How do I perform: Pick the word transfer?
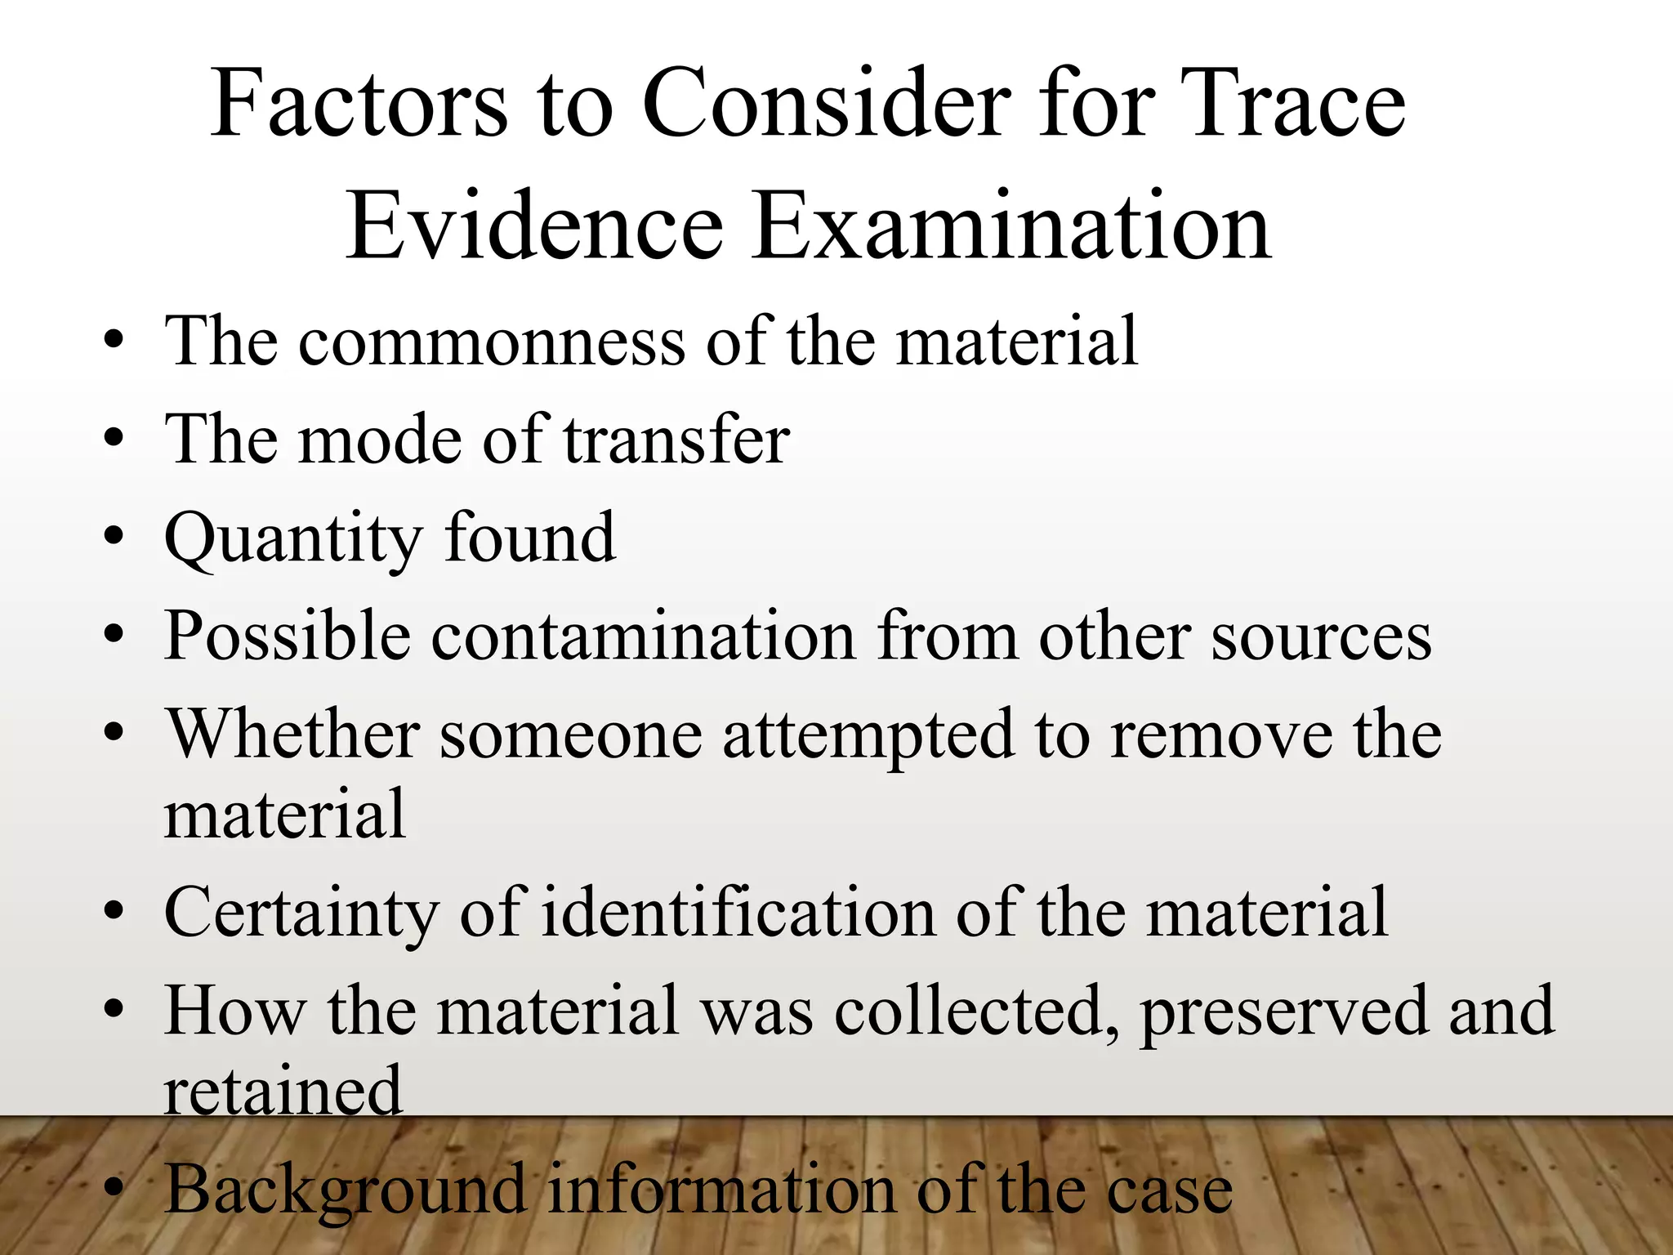(676, 440)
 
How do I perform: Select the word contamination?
(643, 636)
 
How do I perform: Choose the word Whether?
(293, 734)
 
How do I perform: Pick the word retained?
(283, 1090)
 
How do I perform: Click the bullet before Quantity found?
(114, 537)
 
